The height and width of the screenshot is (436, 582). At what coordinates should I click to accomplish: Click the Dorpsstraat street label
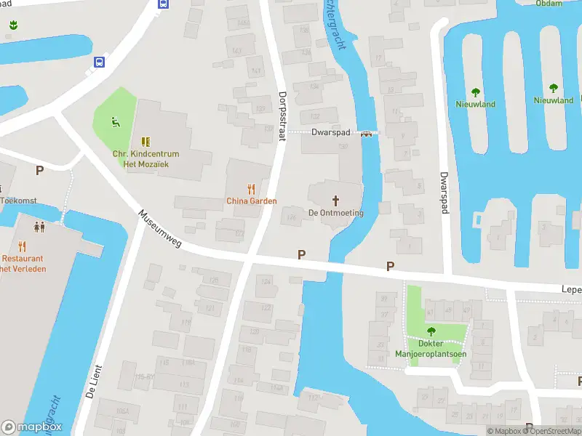[x=284, y=108]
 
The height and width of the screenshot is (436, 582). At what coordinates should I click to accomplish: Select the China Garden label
[x=251, y=201]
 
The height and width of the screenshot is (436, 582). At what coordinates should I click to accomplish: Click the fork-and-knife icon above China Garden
[x=252, y=188]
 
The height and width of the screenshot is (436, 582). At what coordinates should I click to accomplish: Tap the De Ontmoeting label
[x=335, y=212]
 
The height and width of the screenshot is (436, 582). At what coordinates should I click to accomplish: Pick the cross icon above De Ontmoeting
[x=335, y=200]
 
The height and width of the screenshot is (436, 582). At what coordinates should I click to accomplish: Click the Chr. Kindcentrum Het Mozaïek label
[x=145, y=158]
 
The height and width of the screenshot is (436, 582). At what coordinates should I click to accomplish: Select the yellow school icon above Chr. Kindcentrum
[x=145, y=142]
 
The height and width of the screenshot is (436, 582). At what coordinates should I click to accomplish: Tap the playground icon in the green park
[x=114, y=121]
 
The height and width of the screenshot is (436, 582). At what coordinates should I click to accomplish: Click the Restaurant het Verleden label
[x=23, y=263]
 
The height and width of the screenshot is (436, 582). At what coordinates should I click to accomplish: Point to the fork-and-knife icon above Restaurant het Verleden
[x=22, y=246]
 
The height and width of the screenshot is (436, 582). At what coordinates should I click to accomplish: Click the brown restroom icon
[x=39, y=226]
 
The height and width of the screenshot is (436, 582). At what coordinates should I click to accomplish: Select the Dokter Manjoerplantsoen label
[x=430, y=349]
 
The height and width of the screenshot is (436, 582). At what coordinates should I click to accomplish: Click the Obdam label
[x=549, y=3]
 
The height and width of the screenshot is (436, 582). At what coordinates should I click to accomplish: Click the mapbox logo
[x=32, y=427]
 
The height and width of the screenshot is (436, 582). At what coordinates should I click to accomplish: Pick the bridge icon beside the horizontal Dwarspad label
[x=367, y=133]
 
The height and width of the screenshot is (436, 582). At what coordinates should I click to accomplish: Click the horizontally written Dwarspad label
[x=331, y=133]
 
